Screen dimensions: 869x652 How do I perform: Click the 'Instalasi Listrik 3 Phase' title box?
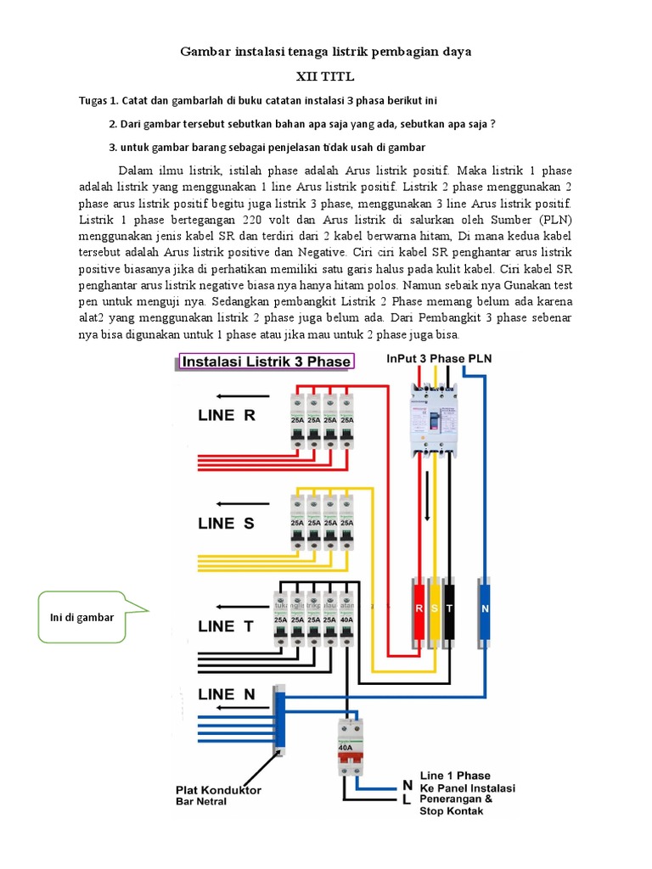tap(267, 362)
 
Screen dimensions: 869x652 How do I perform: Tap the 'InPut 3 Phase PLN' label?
tap(438, 358)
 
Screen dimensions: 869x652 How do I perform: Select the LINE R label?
tap(226, 416)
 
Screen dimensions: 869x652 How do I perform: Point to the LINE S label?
tap(226, 524)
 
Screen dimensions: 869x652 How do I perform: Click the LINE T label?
tap(227, 626)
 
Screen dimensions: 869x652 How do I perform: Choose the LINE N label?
tap(227, 694)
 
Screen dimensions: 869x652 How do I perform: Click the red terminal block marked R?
tap(419, 608)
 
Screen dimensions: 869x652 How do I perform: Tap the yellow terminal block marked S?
tap(435, 608)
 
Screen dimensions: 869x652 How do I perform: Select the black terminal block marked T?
tap(450, 608)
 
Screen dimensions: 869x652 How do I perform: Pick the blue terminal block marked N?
tap(485, 608)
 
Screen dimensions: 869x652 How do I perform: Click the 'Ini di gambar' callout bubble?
tap(83, 617)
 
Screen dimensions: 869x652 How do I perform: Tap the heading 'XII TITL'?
tap(325, 76)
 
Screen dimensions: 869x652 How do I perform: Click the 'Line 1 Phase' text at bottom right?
tap(455, 776)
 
